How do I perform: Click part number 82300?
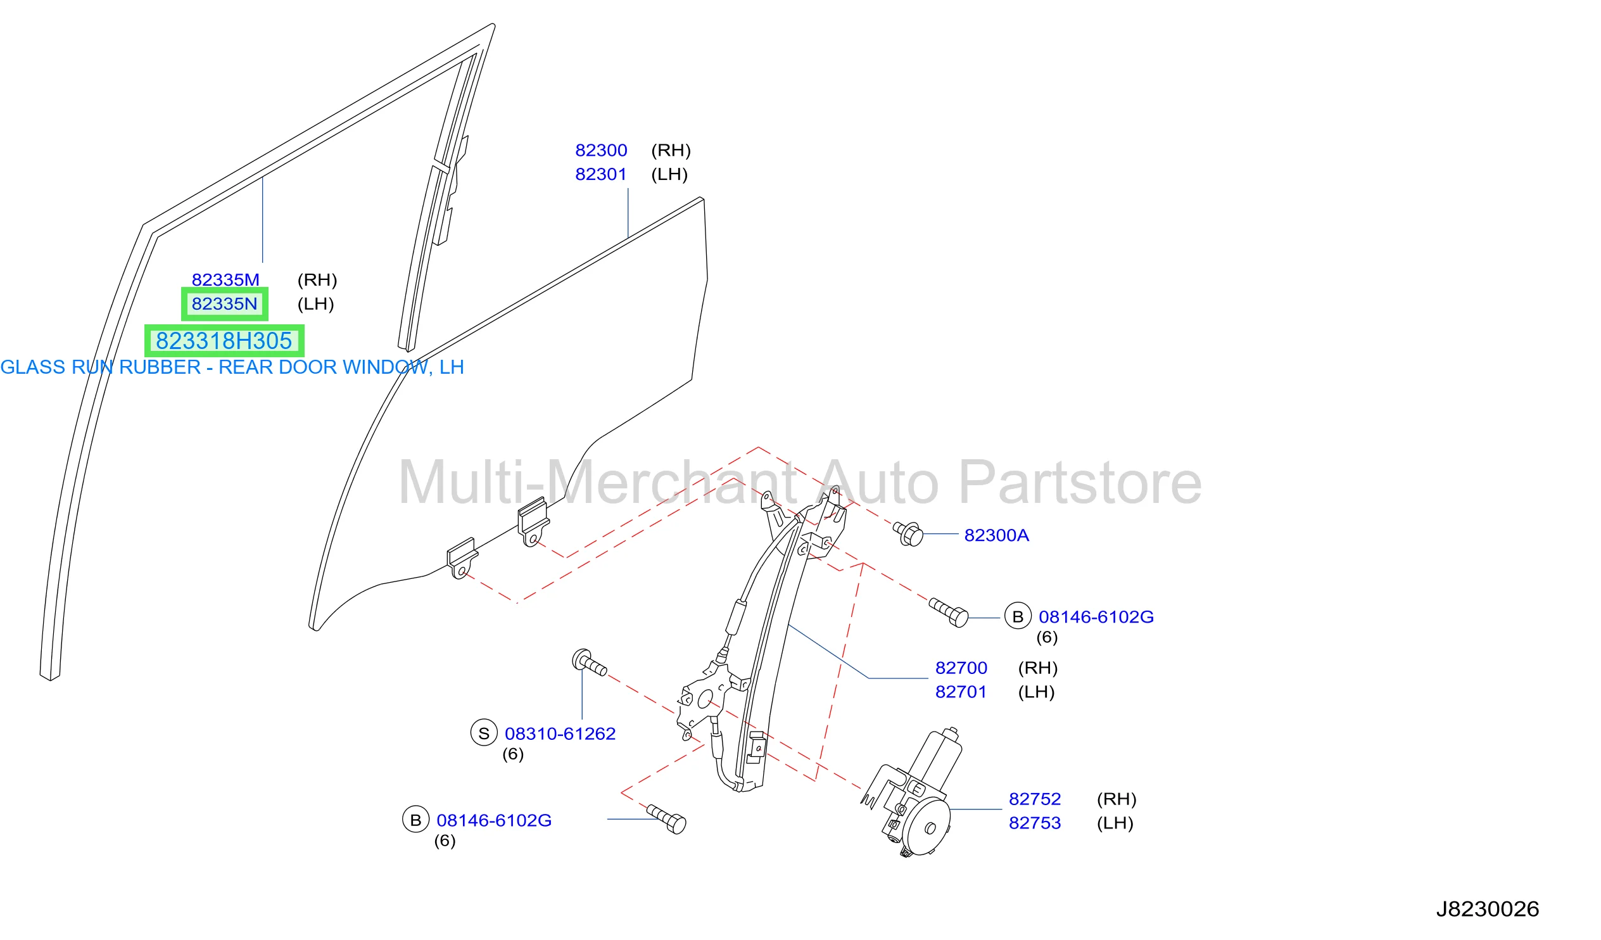point(601,151)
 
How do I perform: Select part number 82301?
point(601,175)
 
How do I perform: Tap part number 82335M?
point(225,280)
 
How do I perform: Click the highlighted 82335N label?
point(224,305)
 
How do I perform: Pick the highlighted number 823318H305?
point(224,341)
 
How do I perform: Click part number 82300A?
point(996,536)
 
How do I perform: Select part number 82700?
point(961,669)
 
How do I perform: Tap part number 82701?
point(961,692)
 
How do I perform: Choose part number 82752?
point(1035,799)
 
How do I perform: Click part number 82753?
point(1035,823)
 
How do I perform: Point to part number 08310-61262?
point(560,734)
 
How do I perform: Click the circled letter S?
point(483,734)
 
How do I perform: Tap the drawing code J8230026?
point(1488,910)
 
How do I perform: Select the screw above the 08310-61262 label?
point(589,663)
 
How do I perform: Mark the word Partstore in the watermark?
point(1079,484)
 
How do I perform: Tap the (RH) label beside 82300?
point(671,151)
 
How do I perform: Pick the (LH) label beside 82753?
point(1115,823)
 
